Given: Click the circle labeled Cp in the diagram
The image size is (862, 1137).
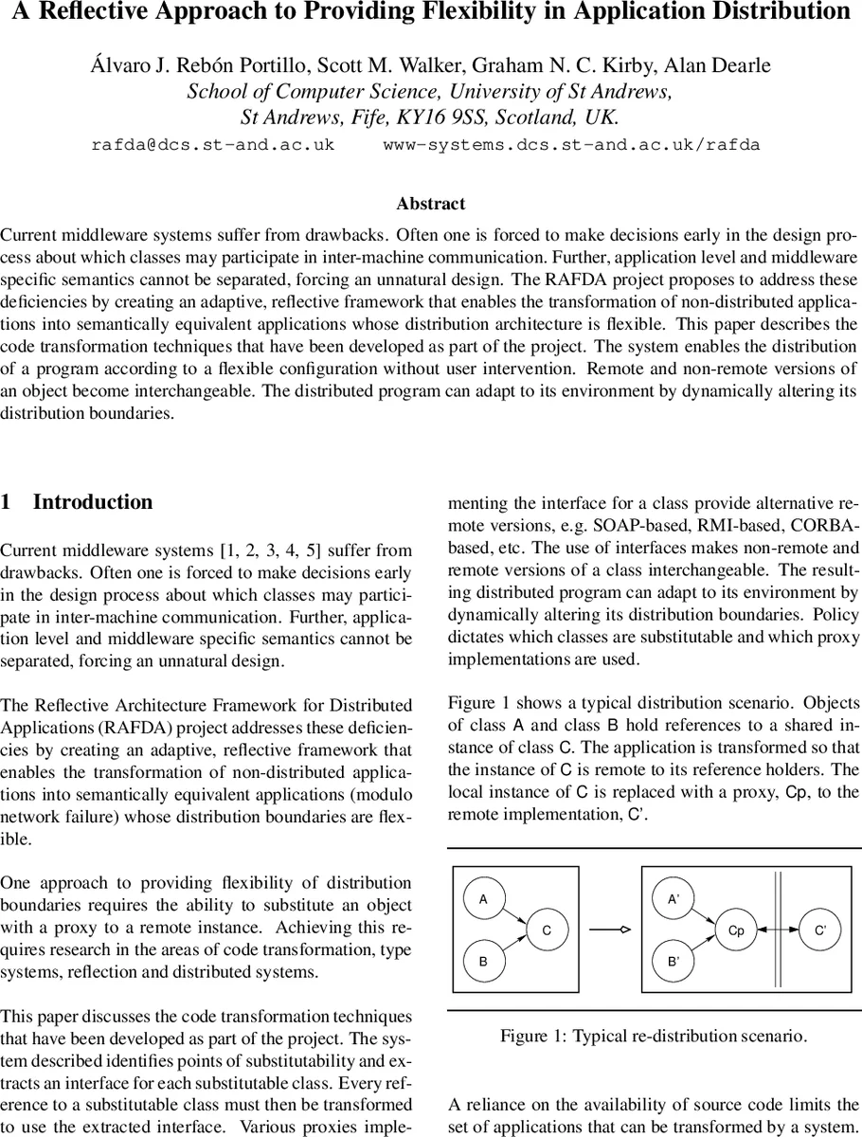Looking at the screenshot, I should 736,930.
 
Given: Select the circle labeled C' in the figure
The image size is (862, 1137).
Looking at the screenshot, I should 820,930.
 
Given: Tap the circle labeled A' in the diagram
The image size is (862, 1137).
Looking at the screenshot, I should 673,898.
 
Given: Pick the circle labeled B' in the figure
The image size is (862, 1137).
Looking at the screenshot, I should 673,962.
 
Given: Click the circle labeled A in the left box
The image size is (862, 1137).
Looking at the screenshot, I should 483,898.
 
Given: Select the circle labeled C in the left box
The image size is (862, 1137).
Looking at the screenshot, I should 547,930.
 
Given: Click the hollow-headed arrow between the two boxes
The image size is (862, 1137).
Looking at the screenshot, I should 610,930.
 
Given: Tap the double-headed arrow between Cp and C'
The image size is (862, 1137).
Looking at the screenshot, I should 778,930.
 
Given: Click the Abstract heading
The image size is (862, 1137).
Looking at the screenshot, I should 431,204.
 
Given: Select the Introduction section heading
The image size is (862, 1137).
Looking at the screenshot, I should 92,502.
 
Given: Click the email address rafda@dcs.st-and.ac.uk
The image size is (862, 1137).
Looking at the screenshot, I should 212,146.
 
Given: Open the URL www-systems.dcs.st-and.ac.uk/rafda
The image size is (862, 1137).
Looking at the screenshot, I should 571,146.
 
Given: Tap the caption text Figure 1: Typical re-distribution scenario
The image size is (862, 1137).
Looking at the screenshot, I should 654,1036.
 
